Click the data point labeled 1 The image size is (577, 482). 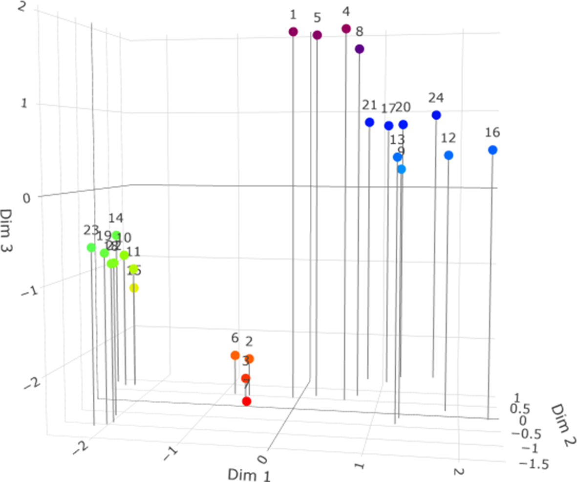pos(293,32)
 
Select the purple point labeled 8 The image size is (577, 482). pos(360,49)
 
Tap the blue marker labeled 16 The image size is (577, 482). pos(492,150)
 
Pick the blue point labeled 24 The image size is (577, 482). pos(436,115)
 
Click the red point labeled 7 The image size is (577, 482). pos(247,401)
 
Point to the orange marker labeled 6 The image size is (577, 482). pos(235,355)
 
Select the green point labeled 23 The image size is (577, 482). pos(91,247)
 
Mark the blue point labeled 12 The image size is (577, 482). pos(449,155)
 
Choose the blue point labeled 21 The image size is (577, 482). pos(369,122)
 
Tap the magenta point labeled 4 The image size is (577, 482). pos(346,29)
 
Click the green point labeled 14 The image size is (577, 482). pos(116,235)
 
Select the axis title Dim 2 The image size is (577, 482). pos(562,420)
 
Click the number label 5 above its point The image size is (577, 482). pos(317,18)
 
